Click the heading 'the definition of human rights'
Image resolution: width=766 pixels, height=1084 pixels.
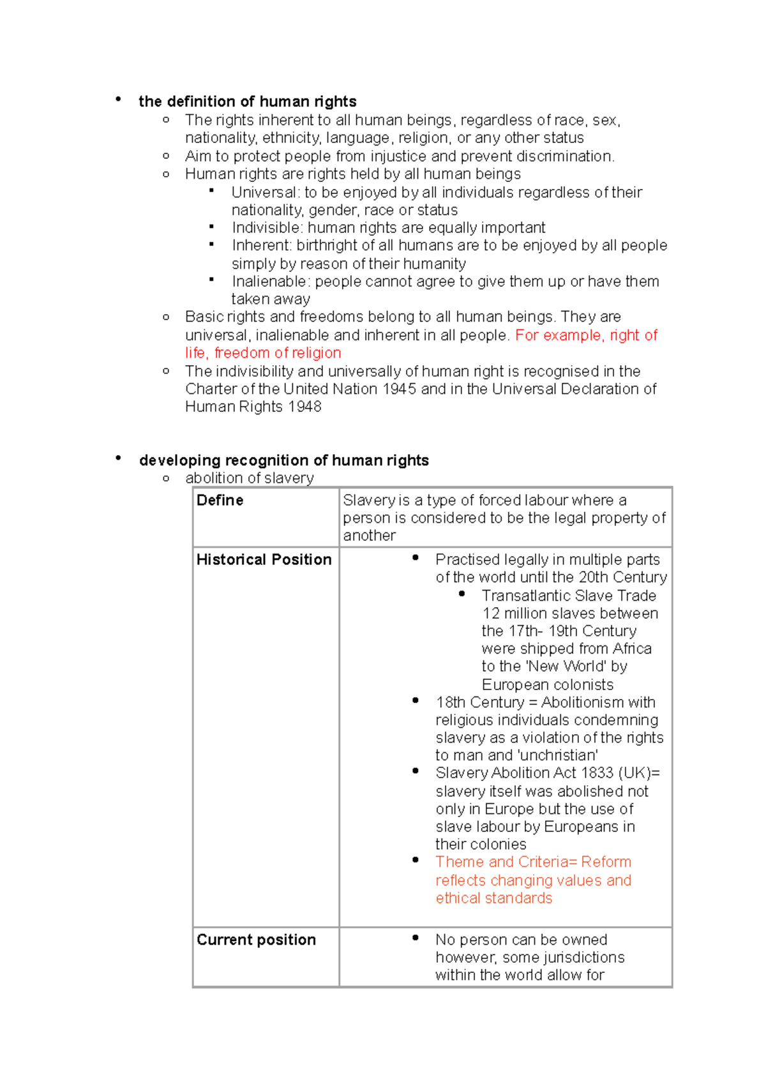click(x=247, y=102)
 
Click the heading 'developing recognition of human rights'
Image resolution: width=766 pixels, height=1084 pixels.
click(x=283, y=460)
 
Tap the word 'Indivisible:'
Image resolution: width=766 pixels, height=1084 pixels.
click(x=267, y=228)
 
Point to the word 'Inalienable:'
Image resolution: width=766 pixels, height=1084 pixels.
click(x=271, y=282)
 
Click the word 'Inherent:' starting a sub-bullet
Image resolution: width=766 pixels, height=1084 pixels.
click(x=262, y=246)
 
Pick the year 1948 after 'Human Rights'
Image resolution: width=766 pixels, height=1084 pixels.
click(x=304, y=407)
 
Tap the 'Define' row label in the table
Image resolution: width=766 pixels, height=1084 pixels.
click(x=220, y=501)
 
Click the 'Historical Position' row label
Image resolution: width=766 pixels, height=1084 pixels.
click(x=264, y=560)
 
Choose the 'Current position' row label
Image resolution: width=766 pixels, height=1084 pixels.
click(x=256, y=940)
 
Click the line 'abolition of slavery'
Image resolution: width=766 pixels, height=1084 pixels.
click(x=249, y=478)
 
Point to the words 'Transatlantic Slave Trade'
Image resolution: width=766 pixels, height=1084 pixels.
click(x=569, y=596)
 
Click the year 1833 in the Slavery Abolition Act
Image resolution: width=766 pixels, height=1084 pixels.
click(x=597, y=773)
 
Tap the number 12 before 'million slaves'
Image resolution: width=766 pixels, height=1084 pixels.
click(x=491, y=614)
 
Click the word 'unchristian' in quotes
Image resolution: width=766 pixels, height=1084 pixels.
click(x=559, y=755)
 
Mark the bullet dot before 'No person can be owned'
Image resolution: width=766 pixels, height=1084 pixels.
click(x=416, y=938)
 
